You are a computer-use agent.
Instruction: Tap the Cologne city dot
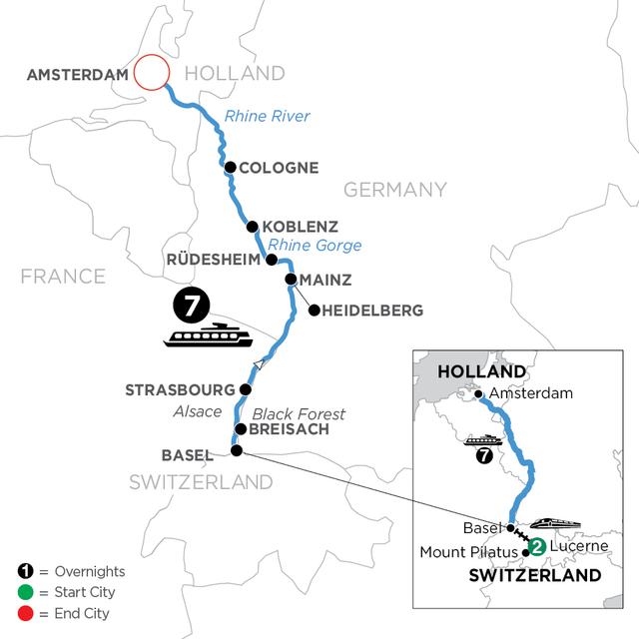pyautogui.click(x=231, y=168)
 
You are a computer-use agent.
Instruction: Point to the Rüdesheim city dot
pyautogui.click(x=271, y=260)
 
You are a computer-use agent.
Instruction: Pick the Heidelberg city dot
pyautogui.click(x=314, y=311)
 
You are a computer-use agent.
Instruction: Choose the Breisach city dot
pyautogui.click(x=240, y=430)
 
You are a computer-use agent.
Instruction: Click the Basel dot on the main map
pyautogui.click(x=236, y=451)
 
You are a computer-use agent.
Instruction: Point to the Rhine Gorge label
pyautogui.click(x=319, y=246)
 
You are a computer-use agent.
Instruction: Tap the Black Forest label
pyautogui.click(x=299, y=413)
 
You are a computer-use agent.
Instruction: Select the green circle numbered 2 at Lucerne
pyautogui.click(x=537, y=546)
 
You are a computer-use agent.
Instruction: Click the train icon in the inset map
pyautogui.click(x=550, y=523)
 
